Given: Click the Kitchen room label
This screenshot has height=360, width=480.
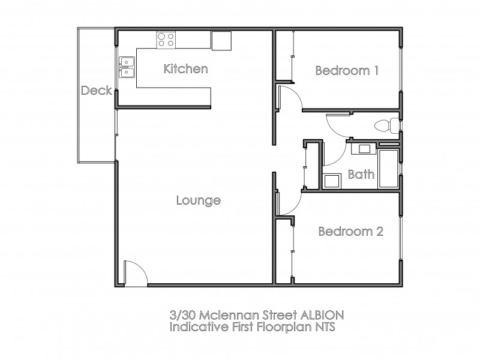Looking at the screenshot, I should tap(185, 69).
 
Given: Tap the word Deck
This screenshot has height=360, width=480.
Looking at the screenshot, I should tap(96, 91).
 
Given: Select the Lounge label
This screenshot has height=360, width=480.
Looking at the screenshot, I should tap(198, 200).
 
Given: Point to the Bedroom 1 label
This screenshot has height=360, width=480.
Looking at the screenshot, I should tap(347, 71).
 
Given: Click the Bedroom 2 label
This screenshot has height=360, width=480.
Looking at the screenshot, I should tap(350, 232).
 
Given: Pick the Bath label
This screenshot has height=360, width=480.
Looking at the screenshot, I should tap(361, 175).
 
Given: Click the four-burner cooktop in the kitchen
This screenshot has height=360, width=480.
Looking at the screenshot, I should tap(166, 40).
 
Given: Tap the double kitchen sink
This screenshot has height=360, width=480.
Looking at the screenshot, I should tap(127, 67).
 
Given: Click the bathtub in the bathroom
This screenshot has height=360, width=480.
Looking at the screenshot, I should tap(388, 169).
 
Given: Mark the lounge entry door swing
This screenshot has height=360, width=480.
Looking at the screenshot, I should tap(133, 273).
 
